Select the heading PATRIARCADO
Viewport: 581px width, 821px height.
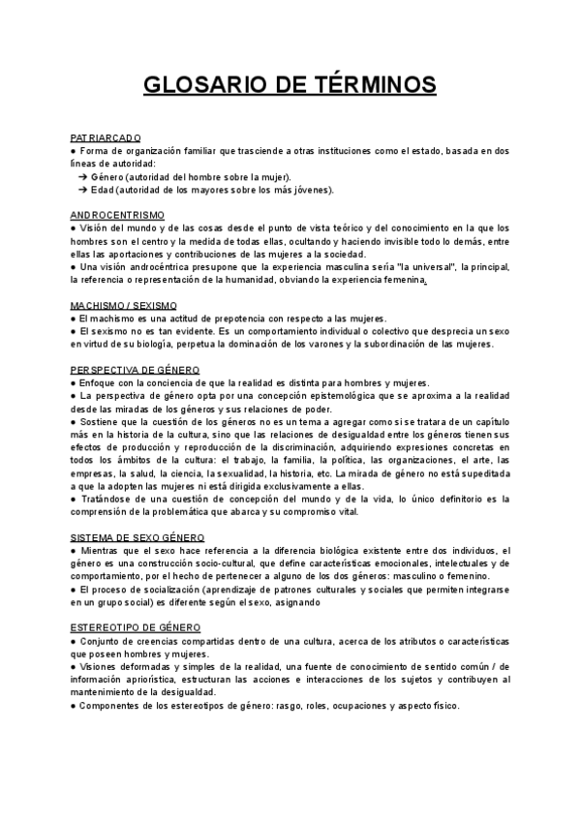click(107, 138)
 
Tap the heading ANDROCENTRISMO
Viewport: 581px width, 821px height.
click(117, 214)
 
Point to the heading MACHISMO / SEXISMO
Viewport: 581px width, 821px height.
click(123, 306)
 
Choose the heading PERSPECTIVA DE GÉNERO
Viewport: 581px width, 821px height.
click(136, 370)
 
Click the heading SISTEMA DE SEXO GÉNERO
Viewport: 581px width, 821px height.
click(137, 536)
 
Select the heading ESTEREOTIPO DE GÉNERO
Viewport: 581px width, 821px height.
click(136, 627)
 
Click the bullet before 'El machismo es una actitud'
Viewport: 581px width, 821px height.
click(74, 319)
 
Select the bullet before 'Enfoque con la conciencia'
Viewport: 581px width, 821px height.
click(74, 382)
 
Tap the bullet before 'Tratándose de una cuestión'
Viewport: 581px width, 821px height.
click(74, 499)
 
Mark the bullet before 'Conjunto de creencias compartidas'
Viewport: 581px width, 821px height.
click(74, 641)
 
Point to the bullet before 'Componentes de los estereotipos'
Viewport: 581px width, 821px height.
click(74, 706)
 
